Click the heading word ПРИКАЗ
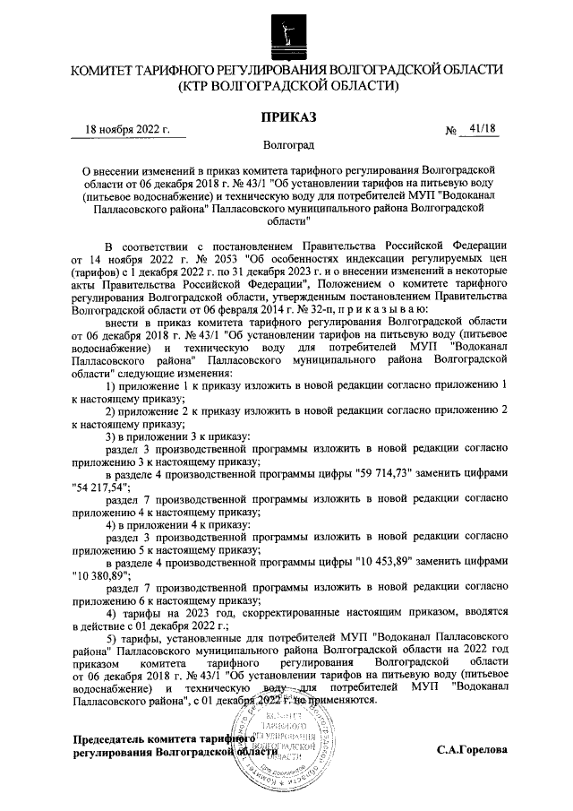click(286, 116)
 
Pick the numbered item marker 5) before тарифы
click(112, 637)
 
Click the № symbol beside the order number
click(451, 131)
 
